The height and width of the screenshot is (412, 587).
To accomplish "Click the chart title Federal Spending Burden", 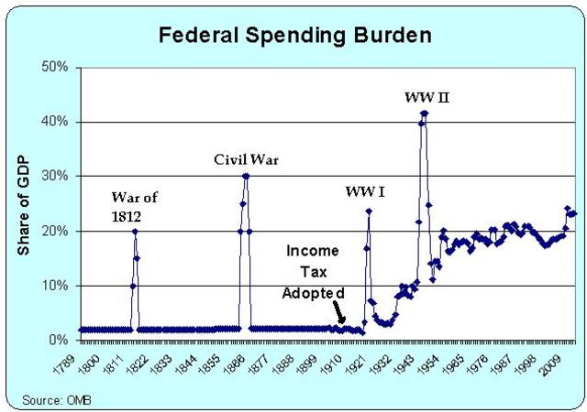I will coord(294,36).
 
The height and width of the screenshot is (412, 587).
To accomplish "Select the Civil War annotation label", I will coord(246,159).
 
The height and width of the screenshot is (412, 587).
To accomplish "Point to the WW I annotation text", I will coord(364,192).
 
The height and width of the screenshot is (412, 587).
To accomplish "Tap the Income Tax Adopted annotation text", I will coord(314,271).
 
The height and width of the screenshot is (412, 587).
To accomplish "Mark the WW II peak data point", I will coord(424,113).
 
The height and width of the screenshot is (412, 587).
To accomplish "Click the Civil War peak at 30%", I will coord(246,176).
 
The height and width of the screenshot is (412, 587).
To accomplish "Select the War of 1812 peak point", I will coord(135,231).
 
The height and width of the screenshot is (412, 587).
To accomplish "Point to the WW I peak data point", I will coord(369,211).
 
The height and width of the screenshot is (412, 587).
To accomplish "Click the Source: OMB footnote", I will coord(53,399).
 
